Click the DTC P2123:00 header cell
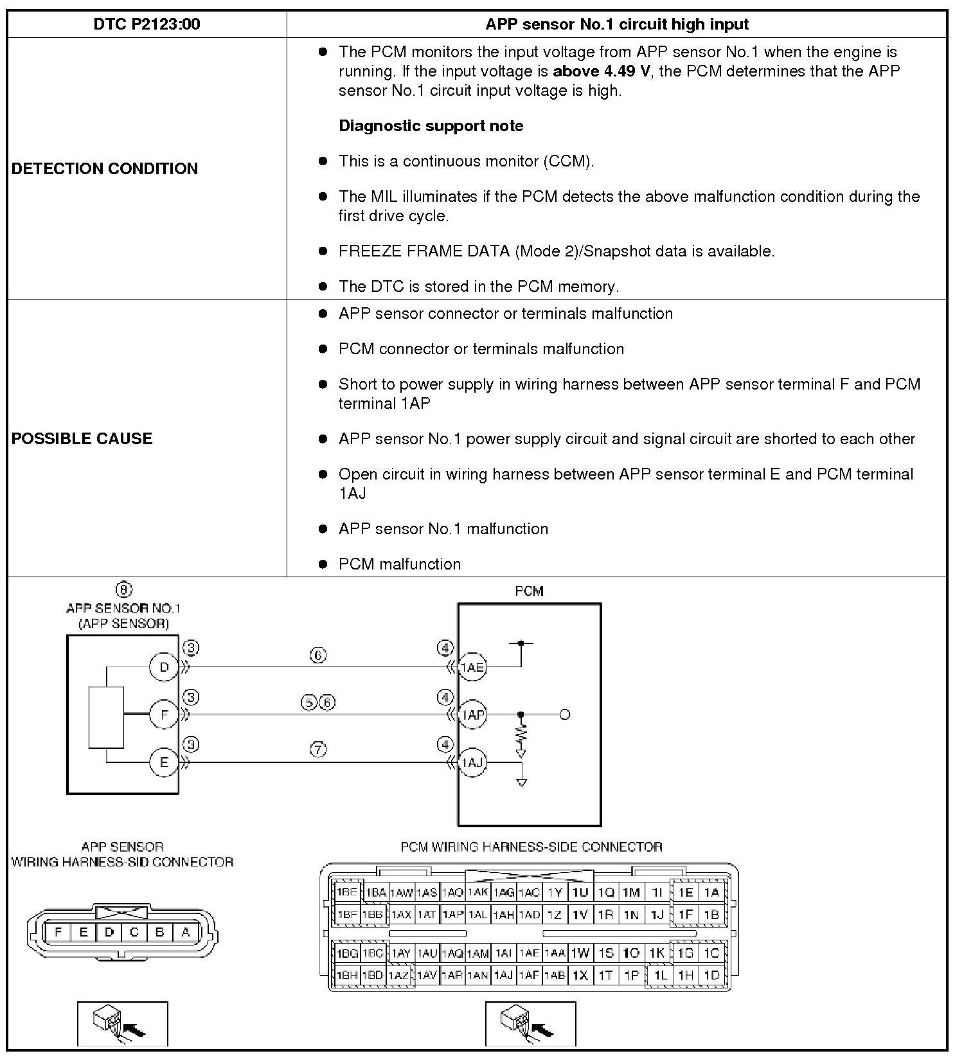tap(147, 24)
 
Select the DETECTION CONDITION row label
tap(105, 168)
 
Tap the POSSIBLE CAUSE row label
tap(82, 438)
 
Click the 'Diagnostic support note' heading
tap(431, 125)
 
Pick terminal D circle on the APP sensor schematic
tap(164, 667)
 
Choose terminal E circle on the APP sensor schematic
tap(164, 762)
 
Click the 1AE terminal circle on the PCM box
tap(472, 667)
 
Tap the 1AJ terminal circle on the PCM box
tap(472, 762)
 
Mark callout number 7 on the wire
tap(319, 749)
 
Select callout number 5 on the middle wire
tap(309, 703)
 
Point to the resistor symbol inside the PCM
tap(521, 733)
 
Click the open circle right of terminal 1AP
tap(565, 714)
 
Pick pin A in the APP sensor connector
tap(186, 932)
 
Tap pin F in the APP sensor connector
tap(58, 932)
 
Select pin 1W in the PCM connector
tap(580, 953)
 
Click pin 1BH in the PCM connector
tap(347, 975)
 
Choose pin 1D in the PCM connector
tap(711, 975)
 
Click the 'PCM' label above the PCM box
tap(529, 591)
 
